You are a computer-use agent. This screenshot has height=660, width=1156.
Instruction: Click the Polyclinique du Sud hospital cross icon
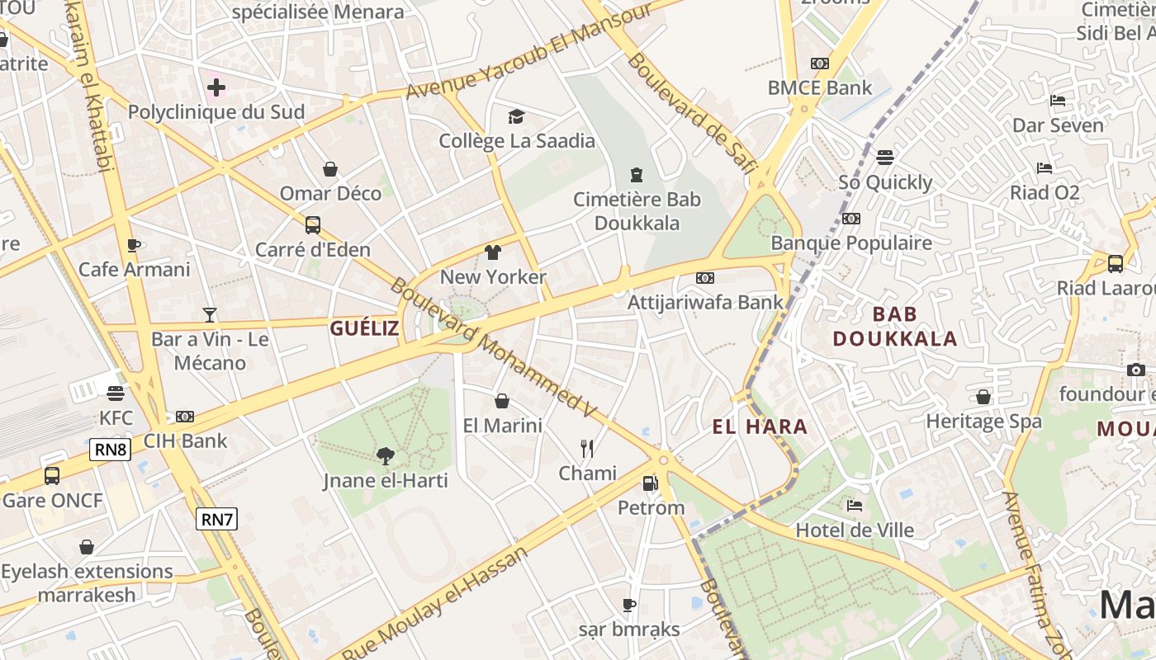click(x=216, y=87)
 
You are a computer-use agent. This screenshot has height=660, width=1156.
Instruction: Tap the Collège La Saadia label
click(x=517, y=140)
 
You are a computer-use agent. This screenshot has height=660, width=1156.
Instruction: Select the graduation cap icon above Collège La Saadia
click(x=516, y=116)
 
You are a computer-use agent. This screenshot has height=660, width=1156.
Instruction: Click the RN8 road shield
click(x=110, y=450)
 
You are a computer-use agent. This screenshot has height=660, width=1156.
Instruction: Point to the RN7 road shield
click(x=217, y=519)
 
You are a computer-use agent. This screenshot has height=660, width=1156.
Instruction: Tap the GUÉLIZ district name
click(x=364, y=328)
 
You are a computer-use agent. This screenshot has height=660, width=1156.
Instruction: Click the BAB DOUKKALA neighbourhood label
click(x=895, y=326)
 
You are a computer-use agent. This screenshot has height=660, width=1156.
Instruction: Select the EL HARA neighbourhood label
click(x=760, y=427)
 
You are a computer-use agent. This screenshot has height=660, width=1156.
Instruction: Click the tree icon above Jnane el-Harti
click(x=385, y=455)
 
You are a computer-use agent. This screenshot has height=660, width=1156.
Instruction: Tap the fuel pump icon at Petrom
click(x=651, y=483)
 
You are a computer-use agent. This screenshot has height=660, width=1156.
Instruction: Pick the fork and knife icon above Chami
click(x=587, y=448)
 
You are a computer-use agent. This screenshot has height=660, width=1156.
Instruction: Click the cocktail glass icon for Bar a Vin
click(x=210, y=314)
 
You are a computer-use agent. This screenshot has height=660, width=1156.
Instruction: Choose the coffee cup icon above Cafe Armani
click(x=134, y=245)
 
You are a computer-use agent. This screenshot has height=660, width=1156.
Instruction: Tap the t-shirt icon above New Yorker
click(x=493, y=252)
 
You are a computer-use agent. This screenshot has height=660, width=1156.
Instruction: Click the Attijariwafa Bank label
click(x=705, y=302)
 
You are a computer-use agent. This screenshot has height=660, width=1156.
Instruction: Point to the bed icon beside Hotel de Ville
click(x=855, y=505)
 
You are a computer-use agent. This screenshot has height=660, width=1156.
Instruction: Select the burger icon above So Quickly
click(x=885, y=157)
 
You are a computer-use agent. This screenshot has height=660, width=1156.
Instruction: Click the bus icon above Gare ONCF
click(x=52, y=476)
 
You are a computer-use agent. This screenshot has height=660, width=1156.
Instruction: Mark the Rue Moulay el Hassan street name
click(x=436, y=605)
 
